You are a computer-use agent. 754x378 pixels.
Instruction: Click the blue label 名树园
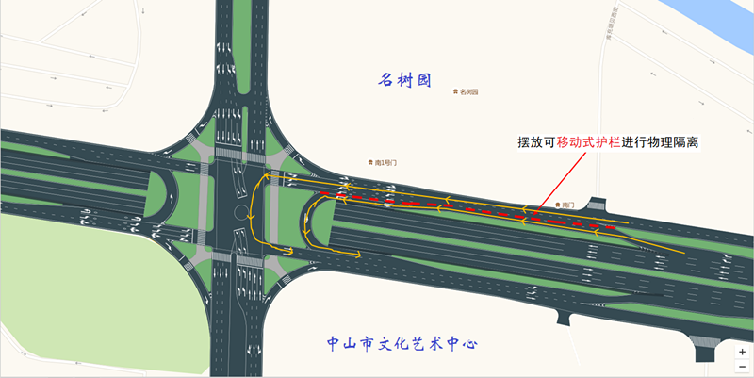pos(404,80)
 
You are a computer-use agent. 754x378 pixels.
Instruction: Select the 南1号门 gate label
pos(386,163)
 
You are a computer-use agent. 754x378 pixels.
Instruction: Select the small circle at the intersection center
pos(240,211)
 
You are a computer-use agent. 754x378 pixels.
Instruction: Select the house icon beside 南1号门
pos(370,163)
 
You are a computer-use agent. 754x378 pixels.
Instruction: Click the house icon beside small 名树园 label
pos(455,92)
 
